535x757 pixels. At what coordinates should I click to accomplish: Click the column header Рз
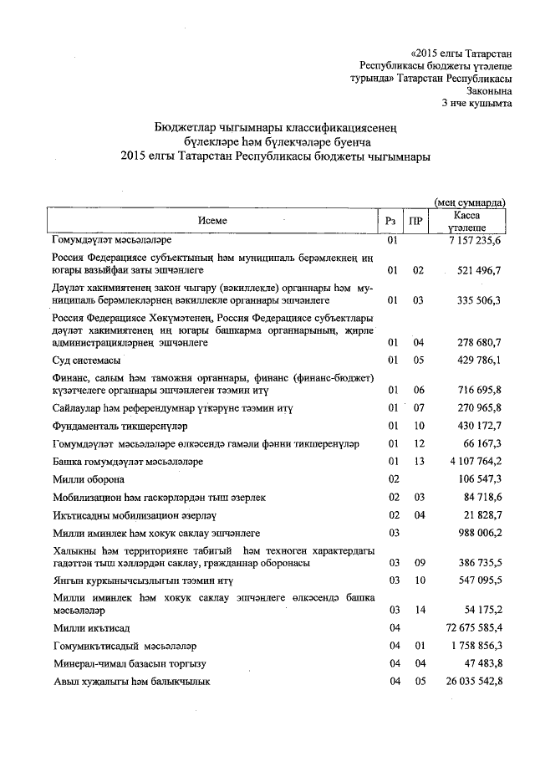pos(391,221)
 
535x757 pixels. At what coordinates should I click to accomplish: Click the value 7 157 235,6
pos(473,241)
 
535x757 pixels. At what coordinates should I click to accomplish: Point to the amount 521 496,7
pos(476,271)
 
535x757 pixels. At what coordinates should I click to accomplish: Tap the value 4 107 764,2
pos(473,462)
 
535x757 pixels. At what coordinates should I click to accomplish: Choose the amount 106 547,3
pos(476,479)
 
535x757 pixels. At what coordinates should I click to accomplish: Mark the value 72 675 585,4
pos(471,627)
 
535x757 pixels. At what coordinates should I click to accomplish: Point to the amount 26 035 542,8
pos(471,682)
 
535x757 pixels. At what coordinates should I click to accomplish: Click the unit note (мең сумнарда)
pos(469,202)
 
